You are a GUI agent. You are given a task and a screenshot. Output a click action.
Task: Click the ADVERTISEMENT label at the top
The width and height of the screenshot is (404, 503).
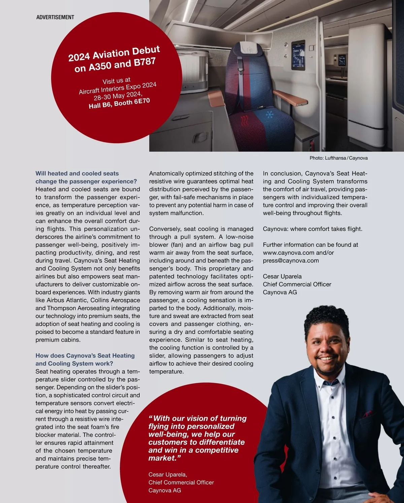(x=55, y=17)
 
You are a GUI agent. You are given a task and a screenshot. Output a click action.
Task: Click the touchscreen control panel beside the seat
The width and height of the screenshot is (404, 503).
(x=298, y=56)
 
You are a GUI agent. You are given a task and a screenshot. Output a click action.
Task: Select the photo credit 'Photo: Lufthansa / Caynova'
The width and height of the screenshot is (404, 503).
(x=338, y=158)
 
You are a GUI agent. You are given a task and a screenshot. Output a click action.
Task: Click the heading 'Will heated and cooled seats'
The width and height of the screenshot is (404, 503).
(x=77, y=173)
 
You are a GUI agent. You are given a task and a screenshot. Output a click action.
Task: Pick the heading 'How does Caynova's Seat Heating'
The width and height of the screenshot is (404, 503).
(x=85, y=356)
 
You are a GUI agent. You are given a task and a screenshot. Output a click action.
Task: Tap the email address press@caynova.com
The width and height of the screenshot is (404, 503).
(x=291, y=261)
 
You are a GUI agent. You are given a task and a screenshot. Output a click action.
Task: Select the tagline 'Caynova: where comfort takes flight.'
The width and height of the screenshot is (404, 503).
(x=312, y=229)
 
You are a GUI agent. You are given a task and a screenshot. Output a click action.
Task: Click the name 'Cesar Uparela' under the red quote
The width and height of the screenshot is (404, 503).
(x=167, y=474)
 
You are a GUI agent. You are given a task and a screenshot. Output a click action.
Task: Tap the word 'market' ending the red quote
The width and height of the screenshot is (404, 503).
(x=162, y=458)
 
